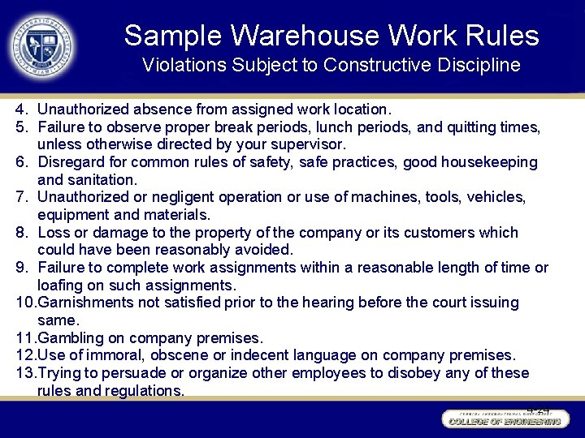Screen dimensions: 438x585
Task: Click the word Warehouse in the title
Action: (x=305, y=36)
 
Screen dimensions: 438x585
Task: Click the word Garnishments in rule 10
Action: (x=86, y=303)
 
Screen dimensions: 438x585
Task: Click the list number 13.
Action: (x=25, y=373)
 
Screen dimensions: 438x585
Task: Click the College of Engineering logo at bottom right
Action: (x=504, y=419)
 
